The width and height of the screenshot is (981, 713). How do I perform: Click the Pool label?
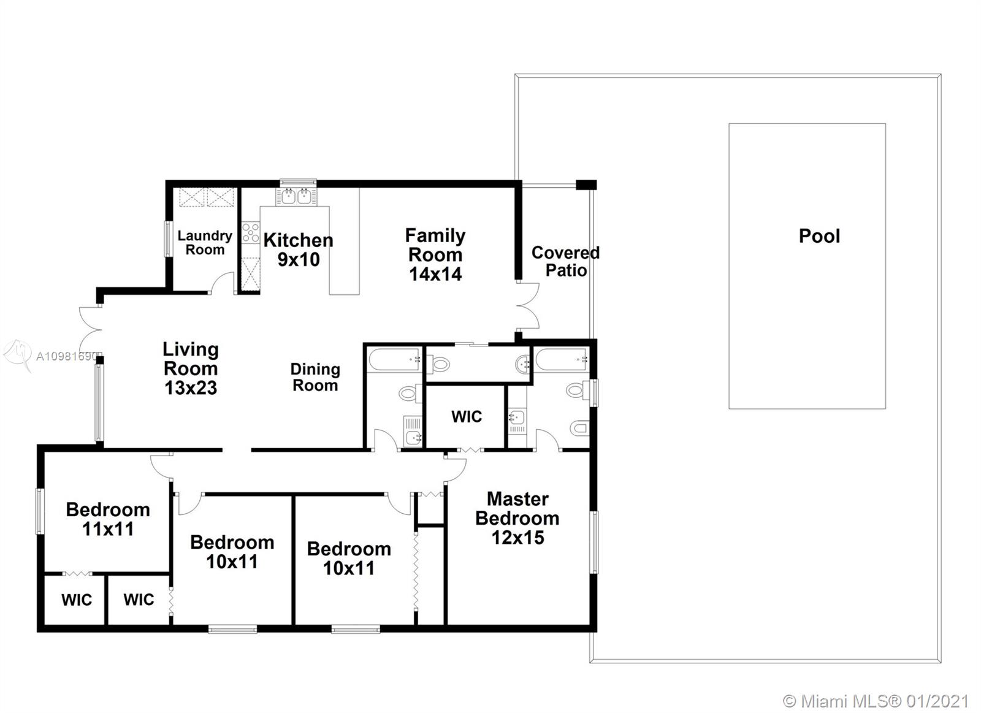tap(819, 236)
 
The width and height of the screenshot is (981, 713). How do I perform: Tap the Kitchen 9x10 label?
tap(298, 250)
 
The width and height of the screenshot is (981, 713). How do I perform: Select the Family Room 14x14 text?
tap(435, 254)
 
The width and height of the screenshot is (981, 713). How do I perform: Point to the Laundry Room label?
tap(205, 243)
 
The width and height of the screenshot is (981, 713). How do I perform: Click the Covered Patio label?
tap(565, 261)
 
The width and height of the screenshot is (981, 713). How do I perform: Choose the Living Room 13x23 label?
tap(191, 368)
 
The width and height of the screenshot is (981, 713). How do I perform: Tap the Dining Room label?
tap(315, 377)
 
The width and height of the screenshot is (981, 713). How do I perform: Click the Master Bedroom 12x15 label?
tap(517, 518)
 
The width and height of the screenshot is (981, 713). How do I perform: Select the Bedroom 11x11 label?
tap(108, 519)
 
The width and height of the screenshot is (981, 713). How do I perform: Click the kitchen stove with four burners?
tap(251, 232)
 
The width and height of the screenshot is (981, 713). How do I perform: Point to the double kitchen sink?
tap(296, 196)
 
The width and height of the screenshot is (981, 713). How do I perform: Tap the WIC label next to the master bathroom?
tap(467, 416)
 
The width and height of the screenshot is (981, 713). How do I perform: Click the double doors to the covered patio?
tap(528, 306)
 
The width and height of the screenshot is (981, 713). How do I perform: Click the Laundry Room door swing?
tap(222, 283)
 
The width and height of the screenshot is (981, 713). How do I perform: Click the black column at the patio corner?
tap(586, 185)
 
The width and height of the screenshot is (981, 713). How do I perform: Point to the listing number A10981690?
tap(66, 357)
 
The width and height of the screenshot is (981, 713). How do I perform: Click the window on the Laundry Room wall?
tap(167, 238)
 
